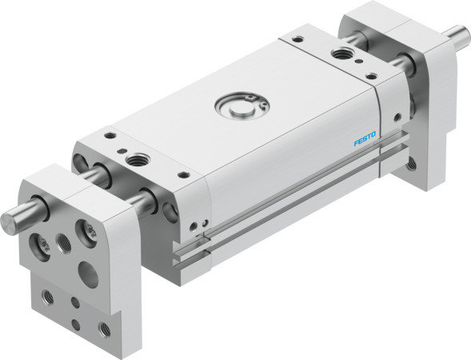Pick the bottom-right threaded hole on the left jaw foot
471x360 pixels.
click(x=103, y=328)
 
